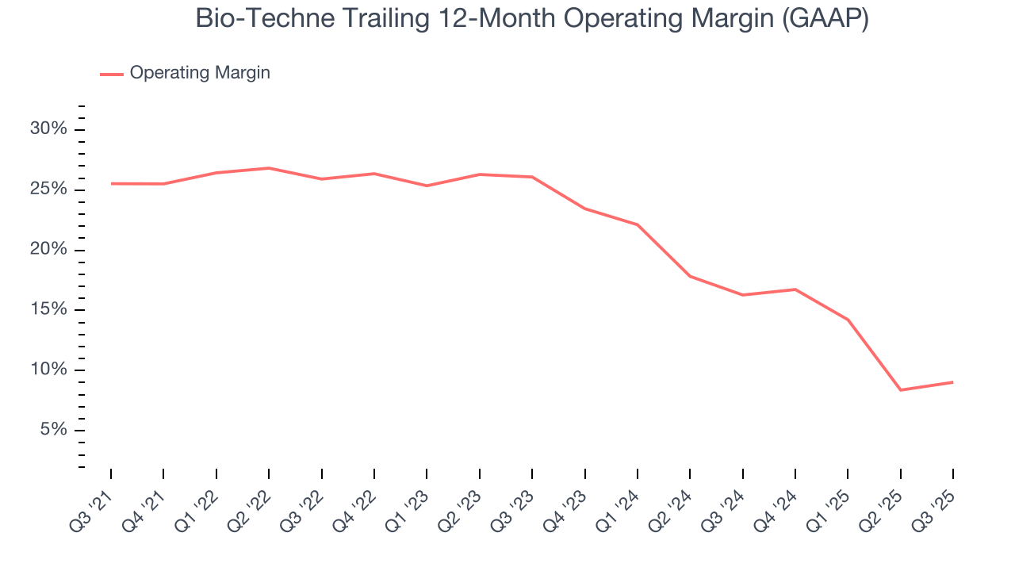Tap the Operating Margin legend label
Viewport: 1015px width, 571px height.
[x=200, y=73]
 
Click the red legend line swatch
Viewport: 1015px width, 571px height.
[x=112, y=74]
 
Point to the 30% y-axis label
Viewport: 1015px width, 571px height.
[x=48, y=129]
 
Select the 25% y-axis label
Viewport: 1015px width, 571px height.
[x=48, y=190]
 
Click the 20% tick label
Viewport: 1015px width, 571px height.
[x=48, y=250]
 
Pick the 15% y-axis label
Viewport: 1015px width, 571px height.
[x=48, y=309]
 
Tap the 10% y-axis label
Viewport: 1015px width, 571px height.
[x=48, y=370]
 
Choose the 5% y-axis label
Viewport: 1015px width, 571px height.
[x=52, y=430]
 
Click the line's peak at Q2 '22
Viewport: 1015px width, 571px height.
[x=269, y=168]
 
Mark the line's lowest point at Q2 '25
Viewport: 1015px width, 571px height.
[x=900, y=390]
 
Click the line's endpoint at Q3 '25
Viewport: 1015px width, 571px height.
[x=952, y=382]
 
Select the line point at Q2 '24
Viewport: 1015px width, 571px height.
[x=690, y=276]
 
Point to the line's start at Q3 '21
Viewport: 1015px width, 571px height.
[x=111, y=183]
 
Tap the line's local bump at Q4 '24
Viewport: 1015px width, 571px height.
[x=795, y=289]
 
